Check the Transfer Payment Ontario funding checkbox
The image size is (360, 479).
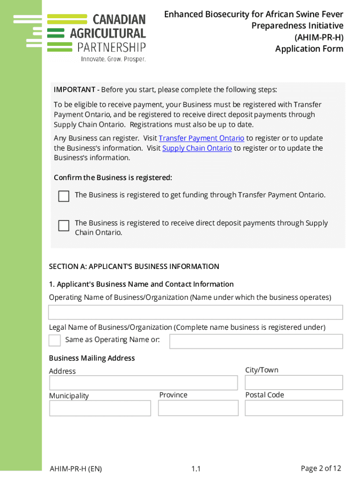pos(64,196)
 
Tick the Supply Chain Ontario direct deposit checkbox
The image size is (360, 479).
pos(64,225)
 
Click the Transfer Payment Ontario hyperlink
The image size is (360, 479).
pos(202,138)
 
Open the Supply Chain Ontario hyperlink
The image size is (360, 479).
pos(197,148)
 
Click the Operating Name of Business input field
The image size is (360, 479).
pos(195,312)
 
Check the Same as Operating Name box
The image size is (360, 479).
pos(55,340)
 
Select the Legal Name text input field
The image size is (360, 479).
pos(256,341)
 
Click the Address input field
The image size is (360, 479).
pos(144,383)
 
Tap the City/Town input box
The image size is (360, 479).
pos(294,382)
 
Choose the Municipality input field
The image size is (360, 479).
pos(100,408)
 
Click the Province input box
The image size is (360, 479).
pos(198,408)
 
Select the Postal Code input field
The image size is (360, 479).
pos(294,408)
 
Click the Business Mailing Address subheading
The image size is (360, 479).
pos(92,358)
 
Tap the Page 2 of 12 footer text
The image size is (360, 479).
pos(321,468)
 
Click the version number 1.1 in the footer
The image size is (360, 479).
pos(196,469)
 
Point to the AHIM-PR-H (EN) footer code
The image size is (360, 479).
pos(76,469)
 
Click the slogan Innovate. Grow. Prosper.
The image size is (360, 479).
pos(113,59)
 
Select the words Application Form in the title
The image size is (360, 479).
pos(309,49)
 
